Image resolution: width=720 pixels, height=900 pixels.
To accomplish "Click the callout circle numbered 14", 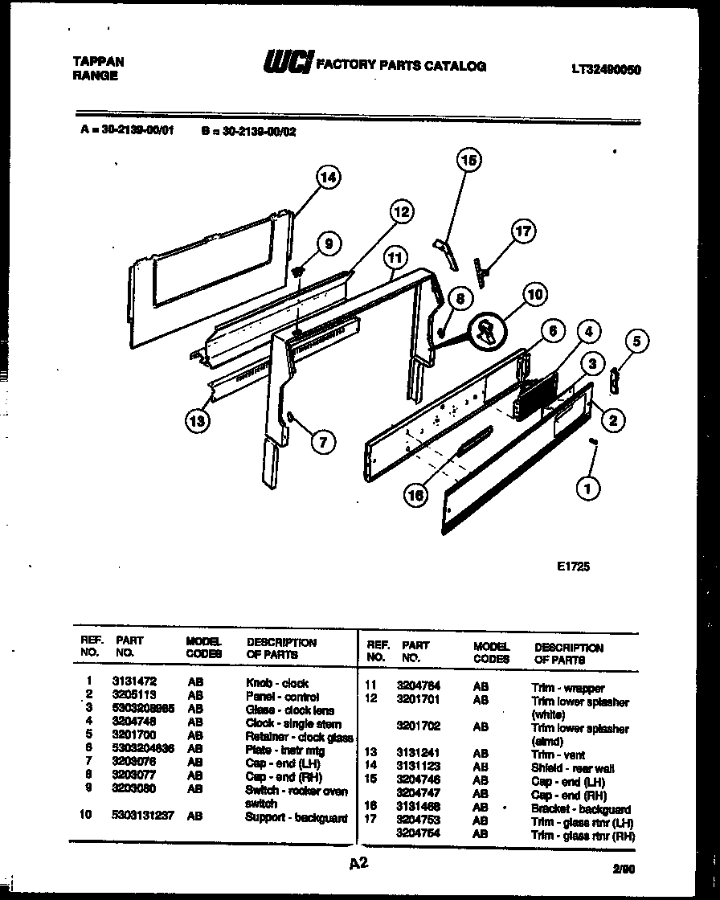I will coord(328,178).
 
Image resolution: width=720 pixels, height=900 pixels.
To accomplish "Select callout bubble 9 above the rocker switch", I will coord(328,243).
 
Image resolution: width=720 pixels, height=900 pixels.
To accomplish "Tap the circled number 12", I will coord(401,212).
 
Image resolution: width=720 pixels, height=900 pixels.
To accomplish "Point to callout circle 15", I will coord(469,161).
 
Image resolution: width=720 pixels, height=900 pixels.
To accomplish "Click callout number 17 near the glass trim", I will coord(523,232).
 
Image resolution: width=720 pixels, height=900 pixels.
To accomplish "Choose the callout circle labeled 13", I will coord(198,420).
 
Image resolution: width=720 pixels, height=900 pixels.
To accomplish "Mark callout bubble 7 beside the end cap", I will coord(321,440).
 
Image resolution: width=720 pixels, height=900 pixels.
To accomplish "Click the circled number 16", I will coord(415,496).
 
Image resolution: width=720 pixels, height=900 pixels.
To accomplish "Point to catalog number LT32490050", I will coord(606,70).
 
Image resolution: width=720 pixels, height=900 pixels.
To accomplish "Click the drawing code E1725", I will coord(574,566).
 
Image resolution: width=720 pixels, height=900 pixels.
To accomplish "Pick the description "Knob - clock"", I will coord(277,683).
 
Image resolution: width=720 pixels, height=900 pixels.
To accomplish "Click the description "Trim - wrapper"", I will coord(567,689).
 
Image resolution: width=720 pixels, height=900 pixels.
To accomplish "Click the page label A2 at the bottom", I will coord(358,864).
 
